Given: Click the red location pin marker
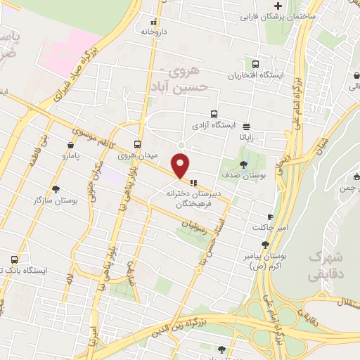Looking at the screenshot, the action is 181,165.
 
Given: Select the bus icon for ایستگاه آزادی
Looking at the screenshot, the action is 214,114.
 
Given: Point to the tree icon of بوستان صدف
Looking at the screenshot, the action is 243,165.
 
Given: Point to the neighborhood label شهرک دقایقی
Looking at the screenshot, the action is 328,262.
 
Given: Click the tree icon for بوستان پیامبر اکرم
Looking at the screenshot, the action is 264,244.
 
